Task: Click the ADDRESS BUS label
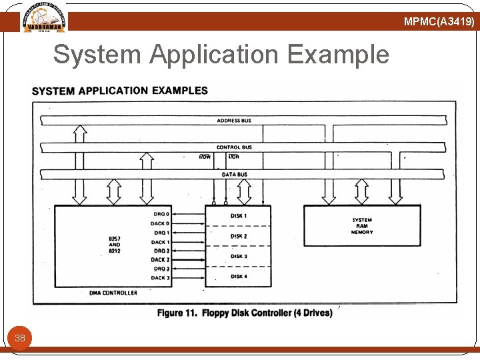pyautogui.click(x=234, y=121)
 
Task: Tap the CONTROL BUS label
pyautogui.click(x=234, y=147)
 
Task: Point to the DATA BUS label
pyautogui.click(x=234, y=175)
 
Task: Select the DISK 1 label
pyautogui.click(x=239, y=216)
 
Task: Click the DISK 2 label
pyautogui.click(x=239, y=236)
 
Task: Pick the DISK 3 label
pyautogui.click(x=239, y=256)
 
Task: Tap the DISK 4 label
pyautogui.click(x=239, y=276)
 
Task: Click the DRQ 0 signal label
pyautogui.click(x=161, y=215)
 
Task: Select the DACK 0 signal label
pyautogui.click(x=160, y=224)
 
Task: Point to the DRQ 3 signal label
pyautogui.click(x=161, y=269)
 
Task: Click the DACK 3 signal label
pyautogui.click(x=160, y=278)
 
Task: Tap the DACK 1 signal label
pyautogui.click(x=160, y=242)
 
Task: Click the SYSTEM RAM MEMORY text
pyautogui.click(x=362, y=226)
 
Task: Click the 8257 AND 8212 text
pyautogui.click(x=114, y=244)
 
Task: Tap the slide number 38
pyautogui.click(x=20, y=338)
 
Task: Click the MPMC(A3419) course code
pyautogui.click(x=439, y=22)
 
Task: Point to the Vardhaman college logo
pyautogui.click(x=44, y=17)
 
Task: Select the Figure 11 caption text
pyautogui.click(x=245, y=313)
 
